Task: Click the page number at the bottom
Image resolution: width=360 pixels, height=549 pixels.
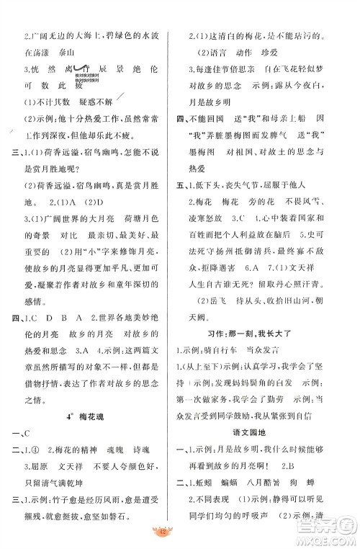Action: click(x=180, y=535)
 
